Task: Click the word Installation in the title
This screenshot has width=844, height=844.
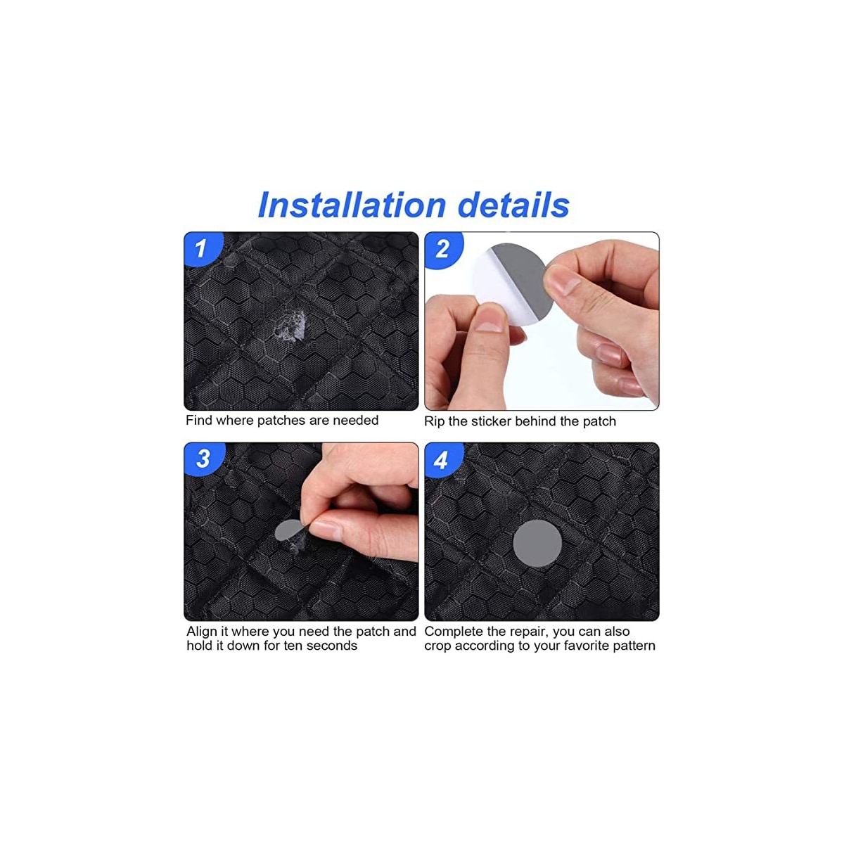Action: [x=352, y=205]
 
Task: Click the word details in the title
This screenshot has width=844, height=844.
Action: [x=513, y=205]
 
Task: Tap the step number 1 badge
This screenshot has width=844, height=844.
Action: [x=201, y=248]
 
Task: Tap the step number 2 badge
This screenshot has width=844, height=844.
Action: [x=442, y=249]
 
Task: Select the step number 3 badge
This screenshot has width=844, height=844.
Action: [x=203, y=459]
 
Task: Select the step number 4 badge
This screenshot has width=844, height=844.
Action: [x=441, y=460]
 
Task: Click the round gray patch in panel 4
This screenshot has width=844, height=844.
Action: [x=537, y=543]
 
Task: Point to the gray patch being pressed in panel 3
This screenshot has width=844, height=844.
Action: [x=288, y=531]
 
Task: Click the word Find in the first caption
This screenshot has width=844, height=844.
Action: [x=199, y=420]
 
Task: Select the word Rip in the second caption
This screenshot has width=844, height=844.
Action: [x=434, y=421]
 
